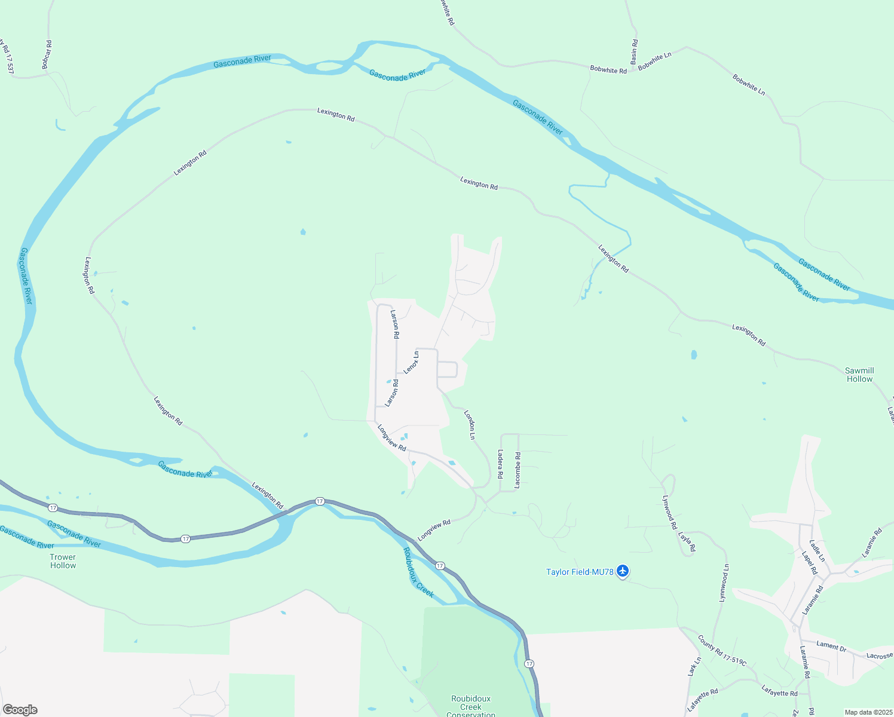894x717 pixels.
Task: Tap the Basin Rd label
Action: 634,52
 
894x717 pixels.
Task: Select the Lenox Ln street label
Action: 411,363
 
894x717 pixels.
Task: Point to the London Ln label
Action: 470,424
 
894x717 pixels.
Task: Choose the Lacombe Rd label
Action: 518,470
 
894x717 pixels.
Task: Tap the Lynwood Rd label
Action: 669,512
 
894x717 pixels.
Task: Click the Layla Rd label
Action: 687,541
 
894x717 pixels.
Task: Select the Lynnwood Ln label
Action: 724,583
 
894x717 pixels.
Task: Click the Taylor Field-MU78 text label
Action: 580,572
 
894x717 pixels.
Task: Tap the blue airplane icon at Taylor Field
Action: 623,571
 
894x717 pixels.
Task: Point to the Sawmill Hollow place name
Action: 859,375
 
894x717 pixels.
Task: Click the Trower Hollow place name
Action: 63,561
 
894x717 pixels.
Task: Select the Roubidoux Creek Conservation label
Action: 471,706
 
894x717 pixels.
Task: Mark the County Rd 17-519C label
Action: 722,650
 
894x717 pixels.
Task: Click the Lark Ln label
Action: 694,667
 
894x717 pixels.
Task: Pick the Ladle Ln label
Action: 817,550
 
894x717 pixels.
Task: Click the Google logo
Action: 20,710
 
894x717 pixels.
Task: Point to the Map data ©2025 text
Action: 868,712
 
